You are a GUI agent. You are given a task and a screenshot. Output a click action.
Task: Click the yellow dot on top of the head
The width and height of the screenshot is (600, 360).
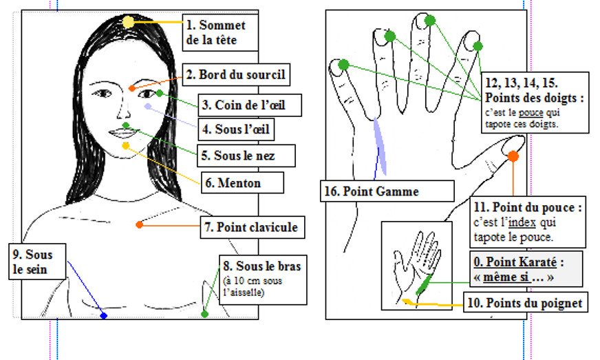pos(129,22)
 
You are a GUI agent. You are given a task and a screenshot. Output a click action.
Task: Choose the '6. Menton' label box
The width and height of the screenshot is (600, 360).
pos(233,183)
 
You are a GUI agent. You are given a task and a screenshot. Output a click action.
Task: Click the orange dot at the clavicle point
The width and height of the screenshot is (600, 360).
pos(140,224)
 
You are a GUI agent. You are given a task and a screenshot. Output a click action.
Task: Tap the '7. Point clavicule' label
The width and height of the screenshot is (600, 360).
pos(251,226)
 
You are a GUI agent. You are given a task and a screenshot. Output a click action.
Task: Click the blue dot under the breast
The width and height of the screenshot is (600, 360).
pos(104,315)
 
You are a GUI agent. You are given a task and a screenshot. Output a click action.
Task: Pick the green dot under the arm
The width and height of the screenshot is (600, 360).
pos(204,314)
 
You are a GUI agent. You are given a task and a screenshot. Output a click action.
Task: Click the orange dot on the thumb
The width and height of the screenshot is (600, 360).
pos(513,157)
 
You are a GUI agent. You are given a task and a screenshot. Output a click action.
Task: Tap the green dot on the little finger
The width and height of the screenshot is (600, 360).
pos(343,65)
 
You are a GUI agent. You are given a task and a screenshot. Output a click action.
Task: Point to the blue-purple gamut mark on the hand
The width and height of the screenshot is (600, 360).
pos(380,147)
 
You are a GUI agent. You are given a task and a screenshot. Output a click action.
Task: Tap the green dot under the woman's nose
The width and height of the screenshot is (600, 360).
pos(126,125)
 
